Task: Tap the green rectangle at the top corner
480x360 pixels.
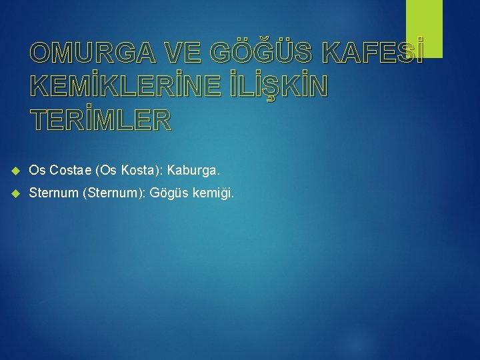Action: (424, 28)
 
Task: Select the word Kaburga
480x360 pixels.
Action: (193, 171)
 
